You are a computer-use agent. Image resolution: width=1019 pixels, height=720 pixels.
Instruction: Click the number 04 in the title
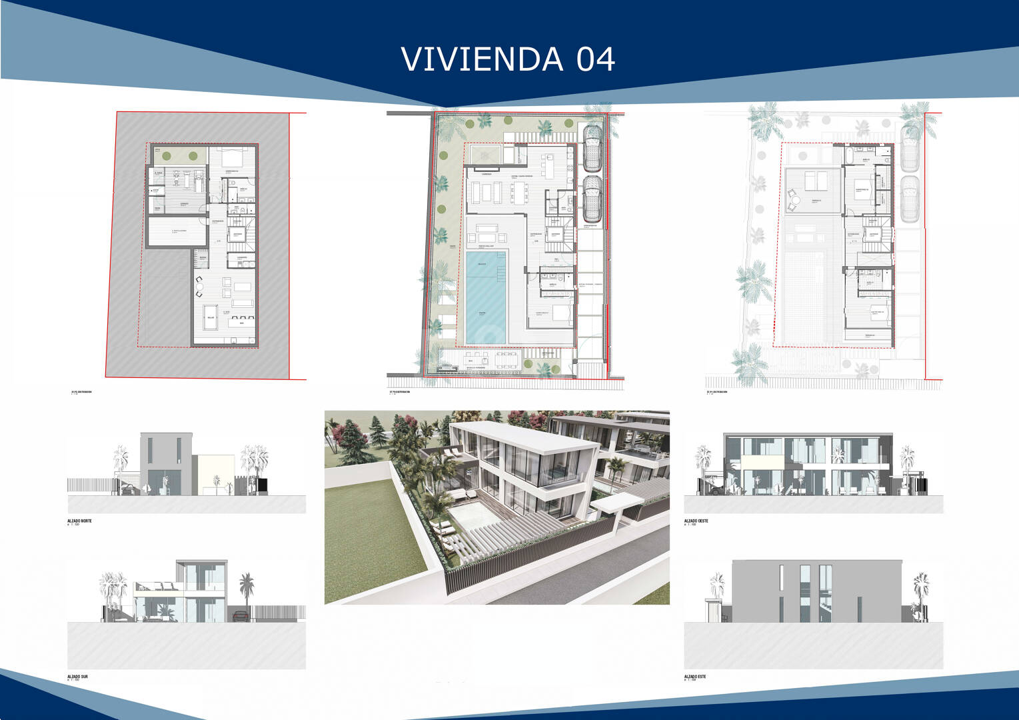point(595,59)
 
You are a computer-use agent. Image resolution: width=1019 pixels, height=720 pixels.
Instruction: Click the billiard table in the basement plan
point(211,317)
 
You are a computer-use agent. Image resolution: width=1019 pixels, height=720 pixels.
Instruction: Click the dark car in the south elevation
point(242,614)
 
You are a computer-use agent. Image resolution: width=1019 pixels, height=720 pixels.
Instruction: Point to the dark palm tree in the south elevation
point(247,587)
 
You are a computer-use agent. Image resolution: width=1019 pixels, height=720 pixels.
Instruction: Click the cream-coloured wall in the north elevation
point(214,474)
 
